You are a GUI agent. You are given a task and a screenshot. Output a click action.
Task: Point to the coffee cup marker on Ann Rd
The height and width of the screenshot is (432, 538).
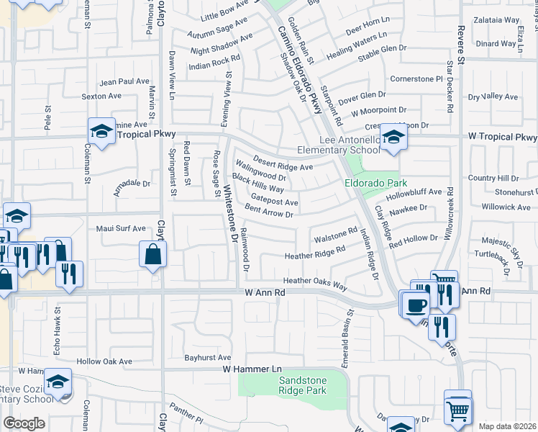(x=416, y=303)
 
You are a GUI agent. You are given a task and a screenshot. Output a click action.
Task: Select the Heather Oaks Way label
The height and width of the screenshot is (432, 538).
(x=315, y=283)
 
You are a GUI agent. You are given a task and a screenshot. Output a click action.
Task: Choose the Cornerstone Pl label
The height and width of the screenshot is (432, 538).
(x=415, y=78)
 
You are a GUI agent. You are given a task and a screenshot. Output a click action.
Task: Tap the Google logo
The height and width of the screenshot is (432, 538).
(x=24, y=423)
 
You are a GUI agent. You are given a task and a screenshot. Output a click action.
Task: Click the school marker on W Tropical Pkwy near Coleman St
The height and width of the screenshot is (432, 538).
(x=102, y=131)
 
